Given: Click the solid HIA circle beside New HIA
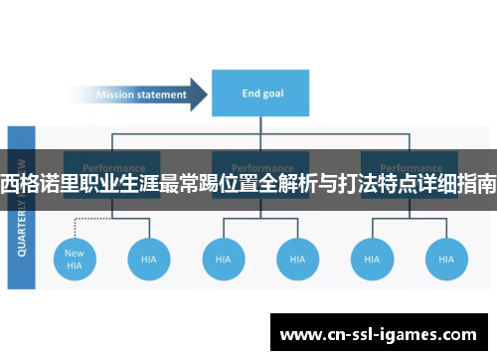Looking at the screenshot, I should pos(149,259).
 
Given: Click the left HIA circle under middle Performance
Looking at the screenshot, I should pos(223,259).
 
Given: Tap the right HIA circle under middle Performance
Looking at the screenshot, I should pos(297,259).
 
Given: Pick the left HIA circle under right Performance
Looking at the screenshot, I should pos(371,259).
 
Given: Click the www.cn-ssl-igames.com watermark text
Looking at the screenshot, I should pos(379,335).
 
